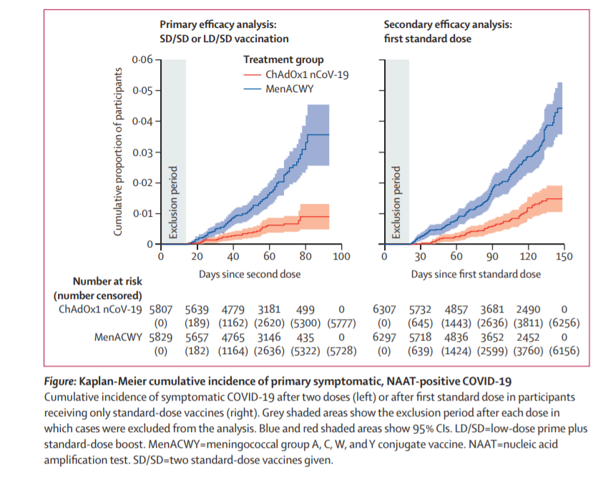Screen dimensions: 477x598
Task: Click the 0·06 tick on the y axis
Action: pyautogui.click(x=143, y=59)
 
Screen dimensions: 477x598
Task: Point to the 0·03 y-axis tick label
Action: pyautogui.click(x=143, y=152)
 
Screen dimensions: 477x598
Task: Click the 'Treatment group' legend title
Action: pyautogui.click(x=283, y=59)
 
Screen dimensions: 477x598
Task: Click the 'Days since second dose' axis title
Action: pyautogui.click(x=250, y=274)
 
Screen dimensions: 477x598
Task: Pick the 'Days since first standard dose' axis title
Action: pyautogui.click(x=476, y=274)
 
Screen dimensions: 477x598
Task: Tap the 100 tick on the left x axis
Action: pyautogui.click(x=341, y=257)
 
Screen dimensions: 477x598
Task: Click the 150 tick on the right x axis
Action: pyautogui.click(x=564, y=257)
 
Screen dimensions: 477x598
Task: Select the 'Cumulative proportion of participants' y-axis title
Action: pyautogui.click(x=119, y=152)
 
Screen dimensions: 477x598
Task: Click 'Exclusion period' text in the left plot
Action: pyautogui.click(x=172, y=202)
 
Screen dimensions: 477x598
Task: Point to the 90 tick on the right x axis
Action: pyautogui.click(x=493, y=257)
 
